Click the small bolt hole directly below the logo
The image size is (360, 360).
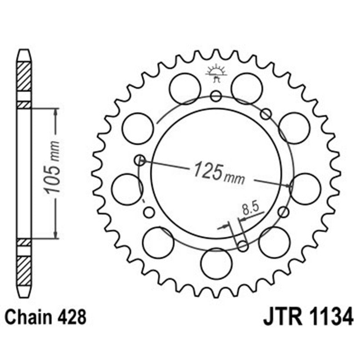click(x=216, y=95)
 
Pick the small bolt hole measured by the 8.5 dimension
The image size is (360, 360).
click(x=243, y=246)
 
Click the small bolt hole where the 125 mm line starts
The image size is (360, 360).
click(x=140, y=159)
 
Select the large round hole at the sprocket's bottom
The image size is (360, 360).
click(x=216, y=263)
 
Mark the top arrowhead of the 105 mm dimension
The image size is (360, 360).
click(x=55, y=112)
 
